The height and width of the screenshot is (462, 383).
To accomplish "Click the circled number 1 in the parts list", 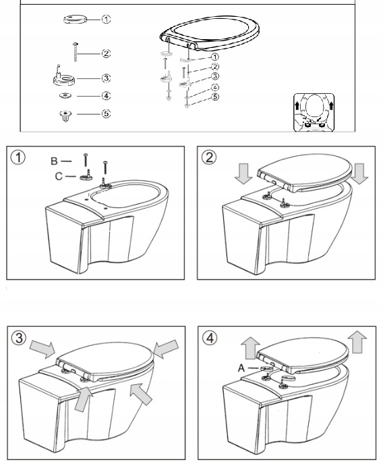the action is (x=106, y=20).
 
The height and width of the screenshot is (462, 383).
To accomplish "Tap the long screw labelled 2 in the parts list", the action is (x=76, y=52).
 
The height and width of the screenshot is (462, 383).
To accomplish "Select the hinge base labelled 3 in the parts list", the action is (x=64, y=77).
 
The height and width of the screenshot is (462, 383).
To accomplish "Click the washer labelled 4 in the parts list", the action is (x=65, y=96).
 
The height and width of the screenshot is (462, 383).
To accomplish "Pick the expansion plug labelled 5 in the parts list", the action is (x=65, y=116).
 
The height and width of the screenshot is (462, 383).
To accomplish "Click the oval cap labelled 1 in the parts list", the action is (x=76, y=19).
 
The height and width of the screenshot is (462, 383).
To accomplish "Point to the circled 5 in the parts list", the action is (x=106, y=113).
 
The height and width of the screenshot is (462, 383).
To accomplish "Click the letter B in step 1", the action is (x=54, y=161).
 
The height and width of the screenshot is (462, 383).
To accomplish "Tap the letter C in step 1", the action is (x=59, y=176).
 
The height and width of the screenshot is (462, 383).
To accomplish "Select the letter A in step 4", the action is (x=241, y=368).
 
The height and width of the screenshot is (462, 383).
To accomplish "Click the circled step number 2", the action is (x=209, y=157).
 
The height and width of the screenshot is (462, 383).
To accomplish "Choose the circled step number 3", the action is (x=19, y=338).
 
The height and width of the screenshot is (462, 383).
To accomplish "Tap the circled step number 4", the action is (x=210, y=338).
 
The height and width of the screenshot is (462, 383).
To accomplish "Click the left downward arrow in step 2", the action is (x=243, y=174).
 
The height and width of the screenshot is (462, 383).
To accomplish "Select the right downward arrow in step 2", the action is (x=359, y=174).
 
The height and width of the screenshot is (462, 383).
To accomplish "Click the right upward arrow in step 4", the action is (x=357, y=342).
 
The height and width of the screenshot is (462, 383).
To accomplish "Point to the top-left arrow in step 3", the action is (x=42, y=349).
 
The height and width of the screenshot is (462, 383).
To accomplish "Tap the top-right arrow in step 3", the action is (x=166, y=349).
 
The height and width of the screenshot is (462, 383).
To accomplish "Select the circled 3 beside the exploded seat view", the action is (x=215, y=76).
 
